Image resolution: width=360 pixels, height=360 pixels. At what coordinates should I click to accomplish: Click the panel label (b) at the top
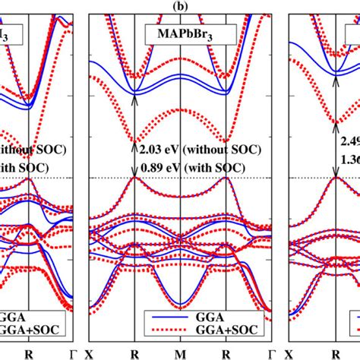tap(180, 6)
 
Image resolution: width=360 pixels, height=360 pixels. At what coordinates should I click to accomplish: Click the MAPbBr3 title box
tap(180, 34)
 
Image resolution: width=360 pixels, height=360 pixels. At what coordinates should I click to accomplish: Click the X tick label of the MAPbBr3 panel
tap(90, 354)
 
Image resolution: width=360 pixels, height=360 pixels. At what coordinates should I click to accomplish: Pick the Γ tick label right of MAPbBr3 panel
tap(272, 354)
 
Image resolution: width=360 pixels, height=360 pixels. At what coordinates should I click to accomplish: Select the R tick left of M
tap(135, 354)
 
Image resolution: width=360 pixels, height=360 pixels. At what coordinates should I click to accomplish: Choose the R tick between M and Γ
tap(226, 354)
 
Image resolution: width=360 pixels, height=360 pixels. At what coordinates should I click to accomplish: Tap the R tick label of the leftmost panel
tap(29, 354)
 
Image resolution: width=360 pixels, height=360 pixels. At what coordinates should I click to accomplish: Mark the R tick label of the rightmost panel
tap(335, 354)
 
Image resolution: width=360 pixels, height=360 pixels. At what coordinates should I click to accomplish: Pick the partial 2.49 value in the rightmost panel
tap(349, 141)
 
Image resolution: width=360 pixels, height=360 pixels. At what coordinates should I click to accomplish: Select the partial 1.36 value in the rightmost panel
tap(349, 159)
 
